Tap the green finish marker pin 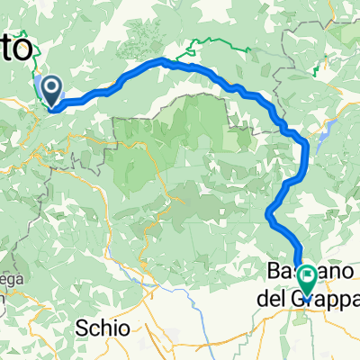click(307, 278)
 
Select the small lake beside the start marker click(39, 87)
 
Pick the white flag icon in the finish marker click(307, 274)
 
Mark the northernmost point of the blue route click(164, 60)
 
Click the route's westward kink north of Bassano click(269, 212)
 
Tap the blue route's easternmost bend click(308, 148)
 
